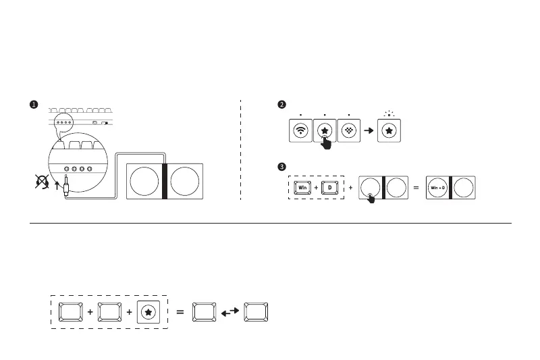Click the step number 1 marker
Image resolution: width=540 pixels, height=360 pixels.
coord(33,104)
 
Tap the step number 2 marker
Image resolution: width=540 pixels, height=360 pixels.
coord(282,104)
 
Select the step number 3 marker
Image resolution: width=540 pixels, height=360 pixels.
coord(282,166)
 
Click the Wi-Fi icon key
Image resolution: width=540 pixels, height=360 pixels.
coord(300,131)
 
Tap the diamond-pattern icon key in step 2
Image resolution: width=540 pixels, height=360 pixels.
coord(348,131)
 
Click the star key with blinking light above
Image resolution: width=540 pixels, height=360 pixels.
coord(389,131)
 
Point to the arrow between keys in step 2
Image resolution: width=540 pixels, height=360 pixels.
coord(369,131)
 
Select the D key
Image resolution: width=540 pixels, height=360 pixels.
coord(331,187)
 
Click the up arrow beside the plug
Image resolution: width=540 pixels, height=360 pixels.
coord(57,182)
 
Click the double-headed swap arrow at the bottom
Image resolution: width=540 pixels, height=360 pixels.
coord(230,312)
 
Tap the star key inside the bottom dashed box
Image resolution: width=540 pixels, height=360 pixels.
coord(148,312)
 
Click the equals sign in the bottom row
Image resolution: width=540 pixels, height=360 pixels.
coord(180,312)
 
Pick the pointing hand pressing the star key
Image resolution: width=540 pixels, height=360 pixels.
coord(327,140)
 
